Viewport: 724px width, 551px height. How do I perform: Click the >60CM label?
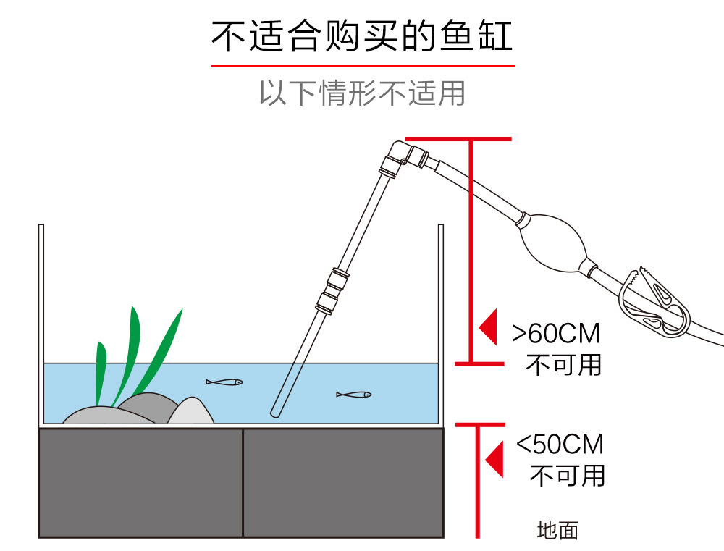pos(556,334)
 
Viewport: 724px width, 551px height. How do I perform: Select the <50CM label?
pos(560,444)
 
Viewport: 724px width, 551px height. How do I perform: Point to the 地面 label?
pos(557,531)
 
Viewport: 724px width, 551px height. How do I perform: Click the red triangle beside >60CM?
pos(488,327)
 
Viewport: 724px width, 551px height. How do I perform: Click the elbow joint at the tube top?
pos(400,153)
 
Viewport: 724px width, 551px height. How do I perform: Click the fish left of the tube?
pos(224,382)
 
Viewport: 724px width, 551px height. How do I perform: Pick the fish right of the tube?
pos(354,395)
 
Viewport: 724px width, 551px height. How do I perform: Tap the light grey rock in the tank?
pos(191,411)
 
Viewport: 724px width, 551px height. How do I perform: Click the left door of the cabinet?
pos(140,482)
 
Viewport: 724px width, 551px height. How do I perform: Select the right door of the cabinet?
pos(342,482)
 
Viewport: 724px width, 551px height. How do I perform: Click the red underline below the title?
pos(362,66)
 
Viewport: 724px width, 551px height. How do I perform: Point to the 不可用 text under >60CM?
pos(563,364)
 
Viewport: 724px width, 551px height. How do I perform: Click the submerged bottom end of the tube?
pos(276,413)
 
